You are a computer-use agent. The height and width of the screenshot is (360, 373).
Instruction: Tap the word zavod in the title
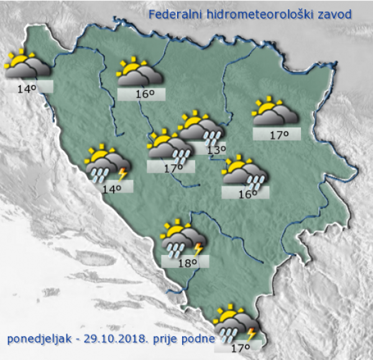tap(333, 14)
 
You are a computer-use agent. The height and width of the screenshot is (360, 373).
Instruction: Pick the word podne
tap(197, 339)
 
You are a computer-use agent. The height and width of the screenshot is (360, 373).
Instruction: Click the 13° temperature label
tap(216, 149)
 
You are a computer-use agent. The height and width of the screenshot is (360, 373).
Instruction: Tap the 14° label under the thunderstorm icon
tap(112, 188)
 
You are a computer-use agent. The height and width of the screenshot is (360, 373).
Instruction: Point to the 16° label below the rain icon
tap(247, 194)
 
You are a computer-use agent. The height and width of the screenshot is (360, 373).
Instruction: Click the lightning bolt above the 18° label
tap(198, 249)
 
